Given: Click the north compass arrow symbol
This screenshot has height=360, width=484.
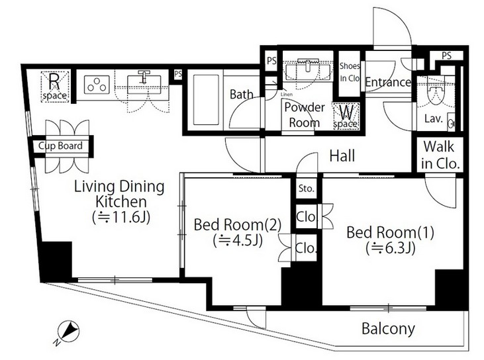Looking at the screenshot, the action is pos(68,332).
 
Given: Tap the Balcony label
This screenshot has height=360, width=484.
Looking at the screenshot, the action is pos(388,329).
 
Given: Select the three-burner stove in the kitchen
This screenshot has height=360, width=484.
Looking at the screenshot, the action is pos(97,84).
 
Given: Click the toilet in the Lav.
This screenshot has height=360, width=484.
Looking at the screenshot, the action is pos(435,93).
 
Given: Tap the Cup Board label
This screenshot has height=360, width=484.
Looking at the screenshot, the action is pos(60,146).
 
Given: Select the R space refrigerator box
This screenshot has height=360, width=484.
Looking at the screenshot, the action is pos(55,87).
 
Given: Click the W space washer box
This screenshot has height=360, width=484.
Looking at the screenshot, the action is pos(346,116).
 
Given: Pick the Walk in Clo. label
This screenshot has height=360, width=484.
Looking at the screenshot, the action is pos(439,155).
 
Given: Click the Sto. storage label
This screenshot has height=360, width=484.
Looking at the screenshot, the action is pos(306,188).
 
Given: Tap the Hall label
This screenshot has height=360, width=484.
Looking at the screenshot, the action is pos(342,156).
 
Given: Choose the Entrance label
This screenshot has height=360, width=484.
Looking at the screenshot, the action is pos(388,82).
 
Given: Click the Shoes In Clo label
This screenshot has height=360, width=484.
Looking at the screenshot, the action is pos(350,72).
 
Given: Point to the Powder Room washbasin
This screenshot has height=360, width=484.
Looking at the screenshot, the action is pos(308,70).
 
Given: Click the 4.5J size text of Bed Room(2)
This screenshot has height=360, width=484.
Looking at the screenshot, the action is pos(238,240).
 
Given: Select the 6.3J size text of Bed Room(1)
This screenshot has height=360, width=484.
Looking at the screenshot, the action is pos(390,247).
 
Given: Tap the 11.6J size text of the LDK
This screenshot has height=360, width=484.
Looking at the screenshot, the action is pos(121,217).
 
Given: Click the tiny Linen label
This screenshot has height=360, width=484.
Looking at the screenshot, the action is pos(287,95).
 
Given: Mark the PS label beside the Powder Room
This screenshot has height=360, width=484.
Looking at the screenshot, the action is pos(271,61).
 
